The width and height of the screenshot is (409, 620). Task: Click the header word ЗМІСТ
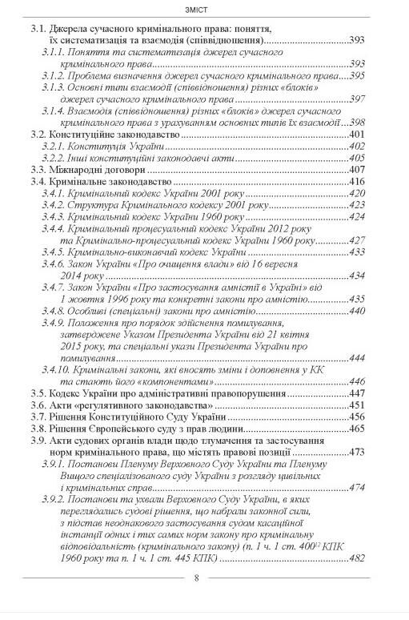(x=203, y=10)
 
